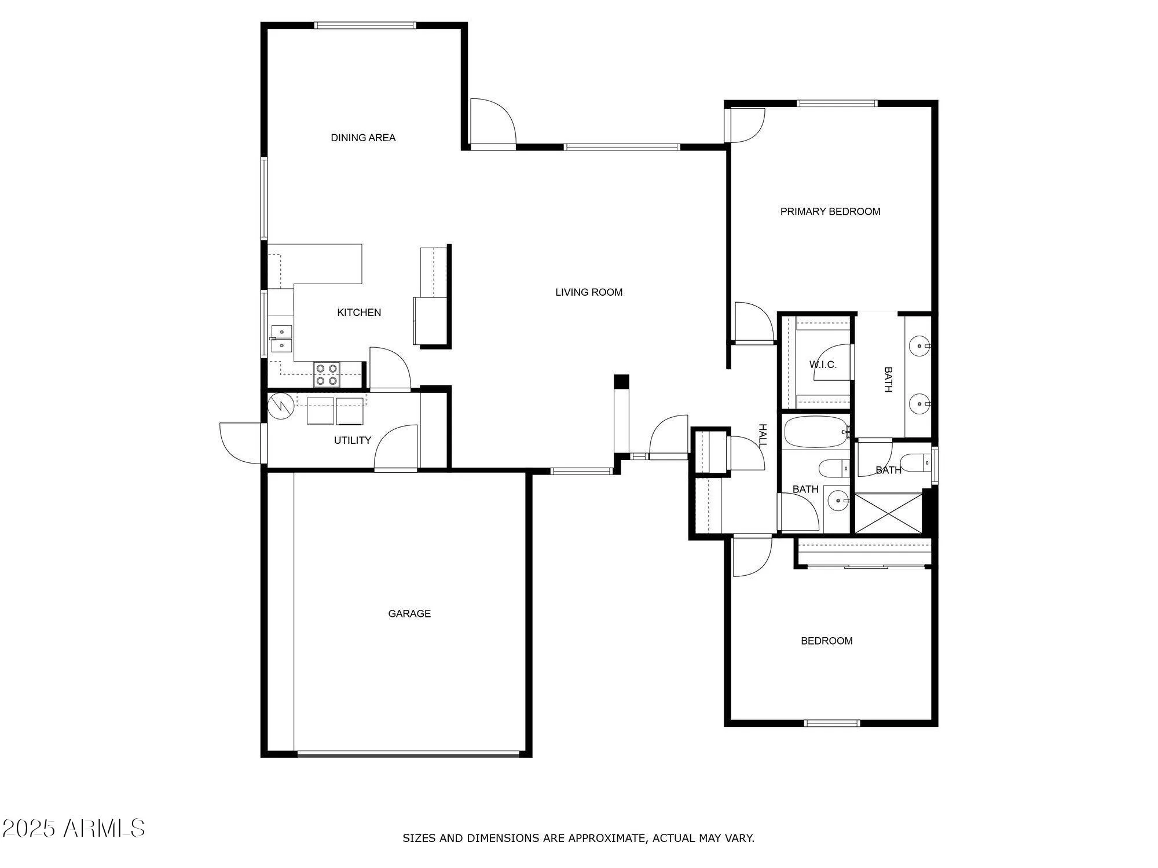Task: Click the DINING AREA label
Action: click(363, 138)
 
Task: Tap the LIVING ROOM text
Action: click(589, 292)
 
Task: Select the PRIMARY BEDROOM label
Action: click(830, 212)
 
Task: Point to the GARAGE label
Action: click(409, 613)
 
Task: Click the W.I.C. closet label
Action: click(822, 365)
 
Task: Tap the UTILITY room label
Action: click(352, 440)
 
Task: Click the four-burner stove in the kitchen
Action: click(327, 374)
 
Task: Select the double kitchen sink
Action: click(281, 339)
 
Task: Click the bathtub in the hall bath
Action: click(815, 432)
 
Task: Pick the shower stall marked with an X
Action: click(888, 513)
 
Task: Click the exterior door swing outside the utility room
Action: click(240, 443)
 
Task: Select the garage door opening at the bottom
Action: click(408, 753)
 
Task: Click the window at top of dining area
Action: click(365, 25)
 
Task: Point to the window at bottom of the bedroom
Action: click(832, 723)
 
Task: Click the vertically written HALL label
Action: click(763, 435)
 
